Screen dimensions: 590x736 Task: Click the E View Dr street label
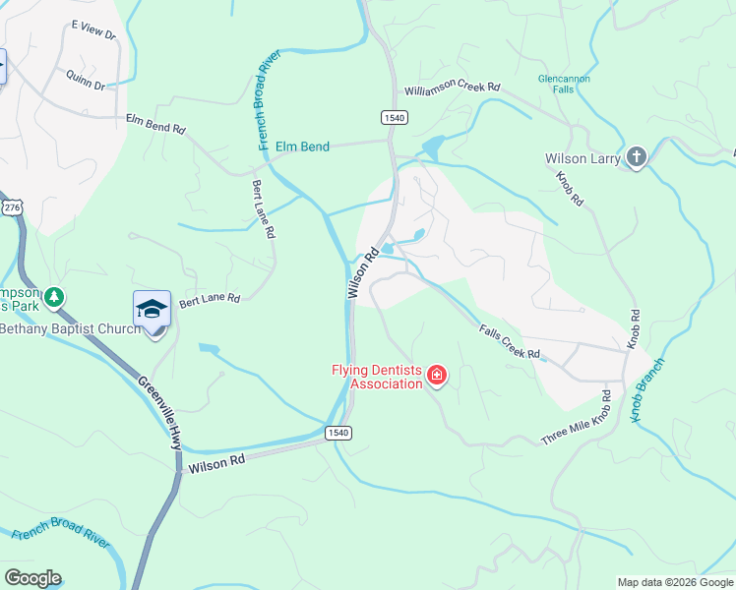pyautogui.click(x=94, y=34)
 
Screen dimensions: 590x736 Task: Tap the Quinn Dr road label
pyautogui.click(x=86, y=80)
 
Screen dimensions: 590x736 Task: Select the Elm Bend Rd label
pyautogui.click(x=155, y=123)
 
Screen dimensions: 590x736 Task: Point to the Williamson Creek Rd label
pyautogui.click(x=453, y=88)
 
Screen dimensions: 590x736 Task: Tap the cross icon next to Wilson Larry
pyautogui.click(x=636, y=157)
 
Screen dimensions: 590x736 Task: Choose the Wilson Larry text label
pyautogui.click(x=583, y=158)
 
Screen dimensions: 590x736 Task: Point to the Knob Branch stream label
pyautogui.click(x=647, y=390)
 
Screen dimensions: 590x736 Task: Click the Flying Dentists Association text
pyautogui.click(x=376, y=377)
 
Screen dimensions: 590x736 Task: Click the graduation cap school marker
pyautogui.click(x=152, y=310)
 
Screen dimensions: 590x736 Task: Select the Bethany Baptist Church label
pyautogui.click(x=70, y=328)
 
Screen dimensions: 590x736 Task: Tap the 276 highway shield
pyautogui.click(x=12, y=207)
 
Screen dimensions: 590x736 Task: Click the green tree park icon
pyautogui.click(x=56, y=297)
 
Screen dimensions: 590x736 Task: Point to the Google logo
pyautogui.click(x=33, y=578)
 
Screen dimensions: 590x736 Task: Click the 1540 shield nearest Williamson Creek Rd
pyautogui.click(x=394, y=117)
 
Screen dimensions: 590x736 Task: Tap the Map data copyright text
pyautogui.click(x=675, y=582)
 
